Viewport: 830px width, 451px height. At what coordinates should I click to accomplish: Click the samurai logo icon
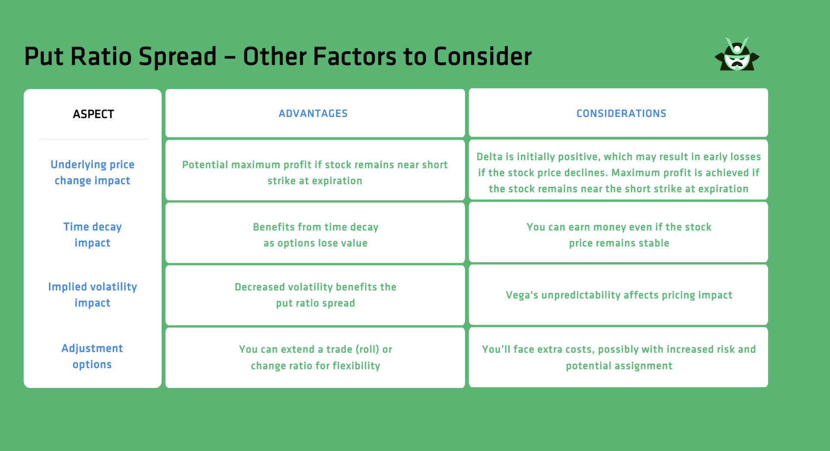[x=737, y=55]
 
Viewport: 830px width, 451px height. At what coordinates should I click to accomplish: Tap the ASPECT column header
[x=93, y=114]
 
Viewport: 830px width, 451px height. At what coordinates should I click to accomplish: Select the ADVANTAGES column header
[x=313, y=114]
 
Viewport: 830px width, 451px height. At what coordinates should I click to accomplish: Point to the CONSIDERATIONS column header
[x=621, y=114]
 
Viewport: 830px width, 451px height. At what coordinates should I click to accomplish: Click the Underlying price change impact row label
[x=93, y=173]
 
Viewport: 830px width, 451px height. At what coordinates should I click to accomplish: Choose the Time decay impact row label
[x=93, y=235]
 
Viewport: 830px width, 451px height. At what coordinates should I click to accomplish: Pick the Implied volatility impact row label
[x=93, y=295]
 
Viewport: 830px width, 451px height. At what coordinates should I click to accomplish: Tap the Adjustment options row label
[x=92, y=356]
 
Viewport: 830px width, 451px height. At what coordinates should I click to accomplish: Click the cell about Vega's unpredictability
[x=619, y=295]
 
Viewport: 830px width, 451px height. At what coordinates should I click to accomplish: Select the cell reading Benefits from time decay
[x=316, y=235]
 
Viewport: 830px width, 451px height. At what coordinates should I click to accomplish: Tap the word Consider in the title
[x=482, y=57]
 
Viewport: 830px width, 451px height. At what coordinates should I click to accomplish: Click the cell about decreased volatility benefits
[x=316, y=295]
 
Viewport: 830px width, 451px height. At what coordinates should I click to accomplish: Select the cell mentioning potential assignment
[x=619, y=358]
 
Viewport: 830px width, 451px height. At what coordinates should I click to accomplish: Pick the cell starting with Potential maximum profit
[x=315, y=173]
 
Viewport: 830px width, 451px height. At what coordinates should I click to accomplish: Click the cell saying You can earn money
[x=619, y=235]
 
